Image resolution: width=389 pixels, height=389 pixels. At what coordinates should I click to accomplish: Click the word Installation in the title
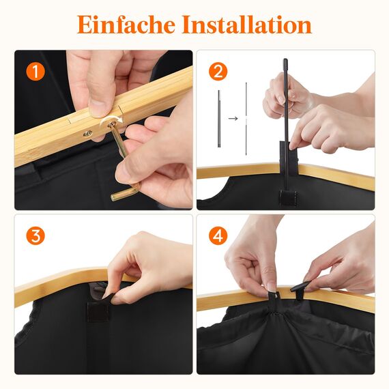(x=247, y=25)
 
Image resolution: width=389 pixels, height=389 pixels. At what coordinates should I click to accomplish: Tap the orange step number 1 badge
(x=35, y=71)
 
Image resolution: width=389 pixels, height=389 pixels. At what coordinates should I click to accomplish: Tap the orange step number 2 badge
(x=218, y=71)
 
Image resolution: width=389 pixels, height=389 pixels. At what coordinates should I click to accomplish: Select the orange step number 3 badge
(x=35, y=237)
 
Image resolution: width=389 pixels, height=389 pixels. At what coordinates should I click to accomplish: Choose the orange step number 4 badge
(x=218, y=236)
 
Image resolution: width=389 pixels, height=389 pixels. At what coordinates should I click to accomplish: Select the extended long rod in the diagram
(x=246, y=116)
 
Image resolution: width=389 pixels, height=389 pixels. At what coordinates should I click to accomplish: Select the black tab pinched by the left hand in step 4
(x=270, y=296)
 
